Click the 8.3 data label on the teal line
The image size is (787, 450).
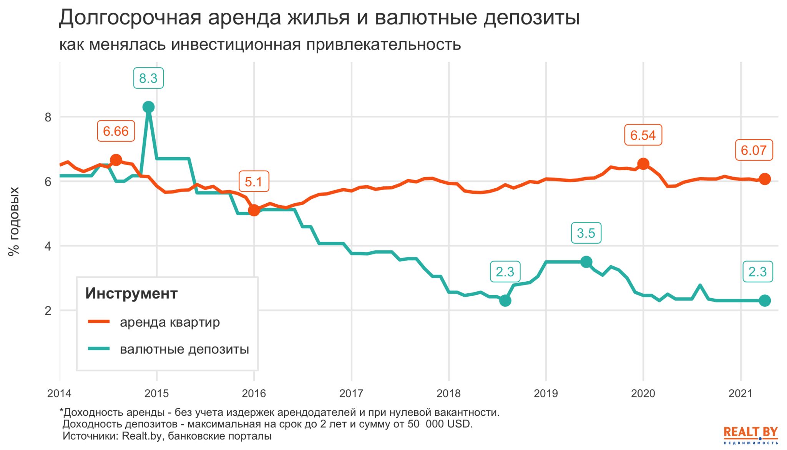point(148,78)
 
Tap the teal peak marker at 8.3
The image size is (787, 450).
point(148,107)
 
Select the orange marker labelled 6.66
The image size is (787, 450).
point(116,160)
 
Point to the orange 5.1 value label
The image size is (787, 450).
point(254,181)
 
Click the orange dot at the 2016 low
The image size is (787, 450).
point(254,210)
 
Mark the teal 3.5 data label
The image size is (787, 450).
point(586,233)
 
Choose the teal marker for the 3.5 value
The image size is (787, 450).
point(586,262)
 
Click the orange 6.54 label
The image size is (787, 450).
point(643,135)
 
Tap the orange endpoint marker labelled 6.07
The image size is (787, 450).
point(765,179)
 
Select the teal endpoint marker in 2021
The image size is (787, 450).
point(765,301)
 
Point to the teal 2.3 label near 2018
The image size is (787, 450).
point(505,272)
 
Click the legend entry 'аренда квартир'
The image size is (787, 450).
point(169,322)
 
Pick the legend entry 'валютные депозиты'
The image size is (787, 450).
point(184,349)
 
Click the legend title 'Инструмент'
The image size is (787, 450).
point(131,294)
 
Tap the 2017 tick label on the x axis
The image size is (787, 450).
point(351,394)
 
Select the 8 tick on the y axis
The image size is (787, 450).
point(48,117)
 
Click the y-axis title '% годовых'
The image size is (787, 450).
point(14,221)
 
